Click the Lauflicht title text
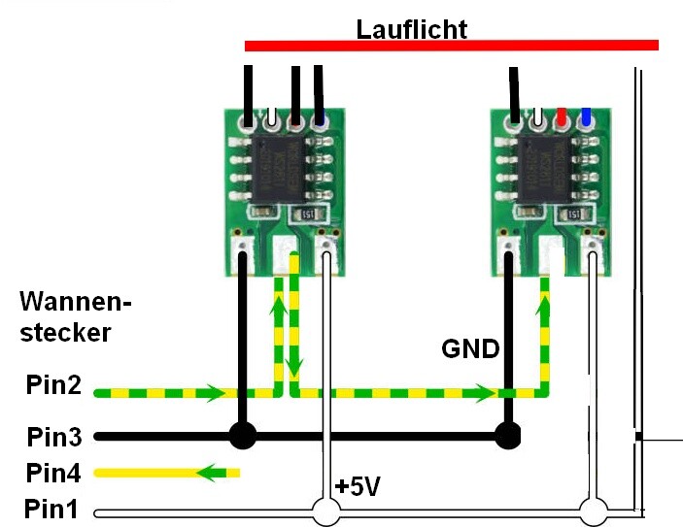411,29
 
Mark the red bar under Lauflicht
452,45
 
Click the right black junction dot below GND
506,436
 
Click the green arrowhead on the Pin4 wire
206,474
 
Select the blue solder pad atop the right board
586,118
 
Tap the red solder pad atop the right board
562,118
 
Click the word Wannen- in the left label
76,302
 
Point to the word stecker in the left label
65,332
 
